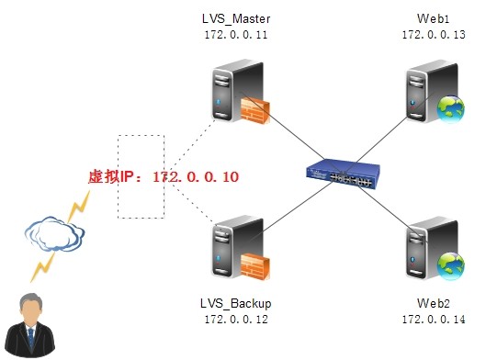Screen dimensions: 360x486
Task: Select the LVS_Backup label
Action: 235,303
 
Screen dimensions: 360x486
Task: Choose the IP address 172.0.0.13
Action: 433,35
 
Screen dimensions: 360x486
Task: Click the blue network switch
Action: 340,174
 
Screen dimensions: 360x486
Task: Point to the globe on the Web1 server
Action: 451,109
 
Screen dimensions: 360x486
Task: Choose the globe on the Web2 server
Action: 451,265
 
